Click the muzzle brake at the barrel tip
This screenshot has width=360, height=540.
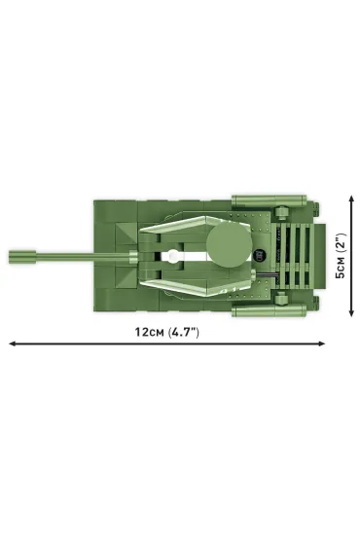22,257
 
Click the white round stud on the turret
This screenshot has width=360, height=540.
174,256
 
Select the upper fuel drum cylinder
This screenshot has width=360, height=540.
270,200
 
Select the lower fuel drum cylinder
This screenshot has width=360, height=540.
270,310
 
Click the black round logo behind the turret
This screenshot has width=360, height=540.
258,256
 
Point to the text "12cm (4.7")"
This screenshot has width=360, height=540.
167,332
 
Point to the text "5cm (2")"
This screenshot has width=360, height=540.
341,256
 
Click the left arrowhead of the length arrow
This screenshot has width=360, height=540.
13,343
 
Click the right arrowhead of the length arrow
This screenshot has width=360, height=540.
321,343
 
